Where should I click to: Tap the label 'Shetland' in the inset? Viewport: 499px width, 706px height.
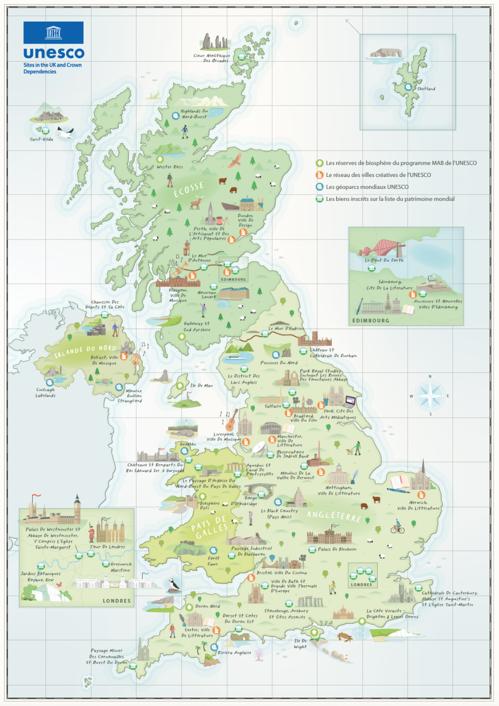(426, 89)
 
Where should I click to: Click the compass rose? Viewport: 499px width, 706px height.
(430, 395)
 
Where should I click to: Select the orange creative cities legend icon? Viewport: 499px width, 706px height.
(320, 175)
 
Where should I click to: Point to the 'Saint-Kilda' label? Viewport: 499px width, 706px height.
(41, 139)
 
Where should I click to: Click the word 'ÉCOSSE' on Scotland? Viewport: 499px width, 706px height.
(188, 189)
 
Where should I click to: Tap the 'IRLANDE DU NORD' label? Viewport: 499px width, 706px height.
(85, 352)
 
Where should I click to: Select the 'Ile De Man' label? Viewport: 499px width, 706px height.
(201, 386)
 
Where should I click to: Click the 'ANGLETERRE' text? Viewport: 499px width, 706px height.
(334, 516)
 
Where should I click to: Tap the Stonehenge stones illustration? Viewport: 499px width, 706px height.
(311, 601)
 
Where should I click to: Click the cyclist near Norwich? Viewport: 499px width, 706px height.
(397, 527)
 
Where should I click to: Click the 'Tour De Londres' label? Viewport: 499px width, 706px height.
(108, 547)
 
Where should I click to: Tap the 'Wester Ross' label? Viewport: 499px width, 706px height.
(170, 167)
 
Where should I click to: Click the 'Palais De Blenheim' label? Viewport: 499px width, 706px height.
(337, 549)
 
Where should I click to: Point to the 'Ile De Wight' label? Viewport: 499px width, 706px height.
(300, 643)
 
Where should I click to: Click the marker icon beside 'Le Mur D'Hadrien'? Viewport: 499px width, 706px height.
(265, 334)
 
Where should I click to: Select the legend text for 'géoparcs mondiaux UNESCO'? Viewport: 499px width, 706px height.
(367, 187)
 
